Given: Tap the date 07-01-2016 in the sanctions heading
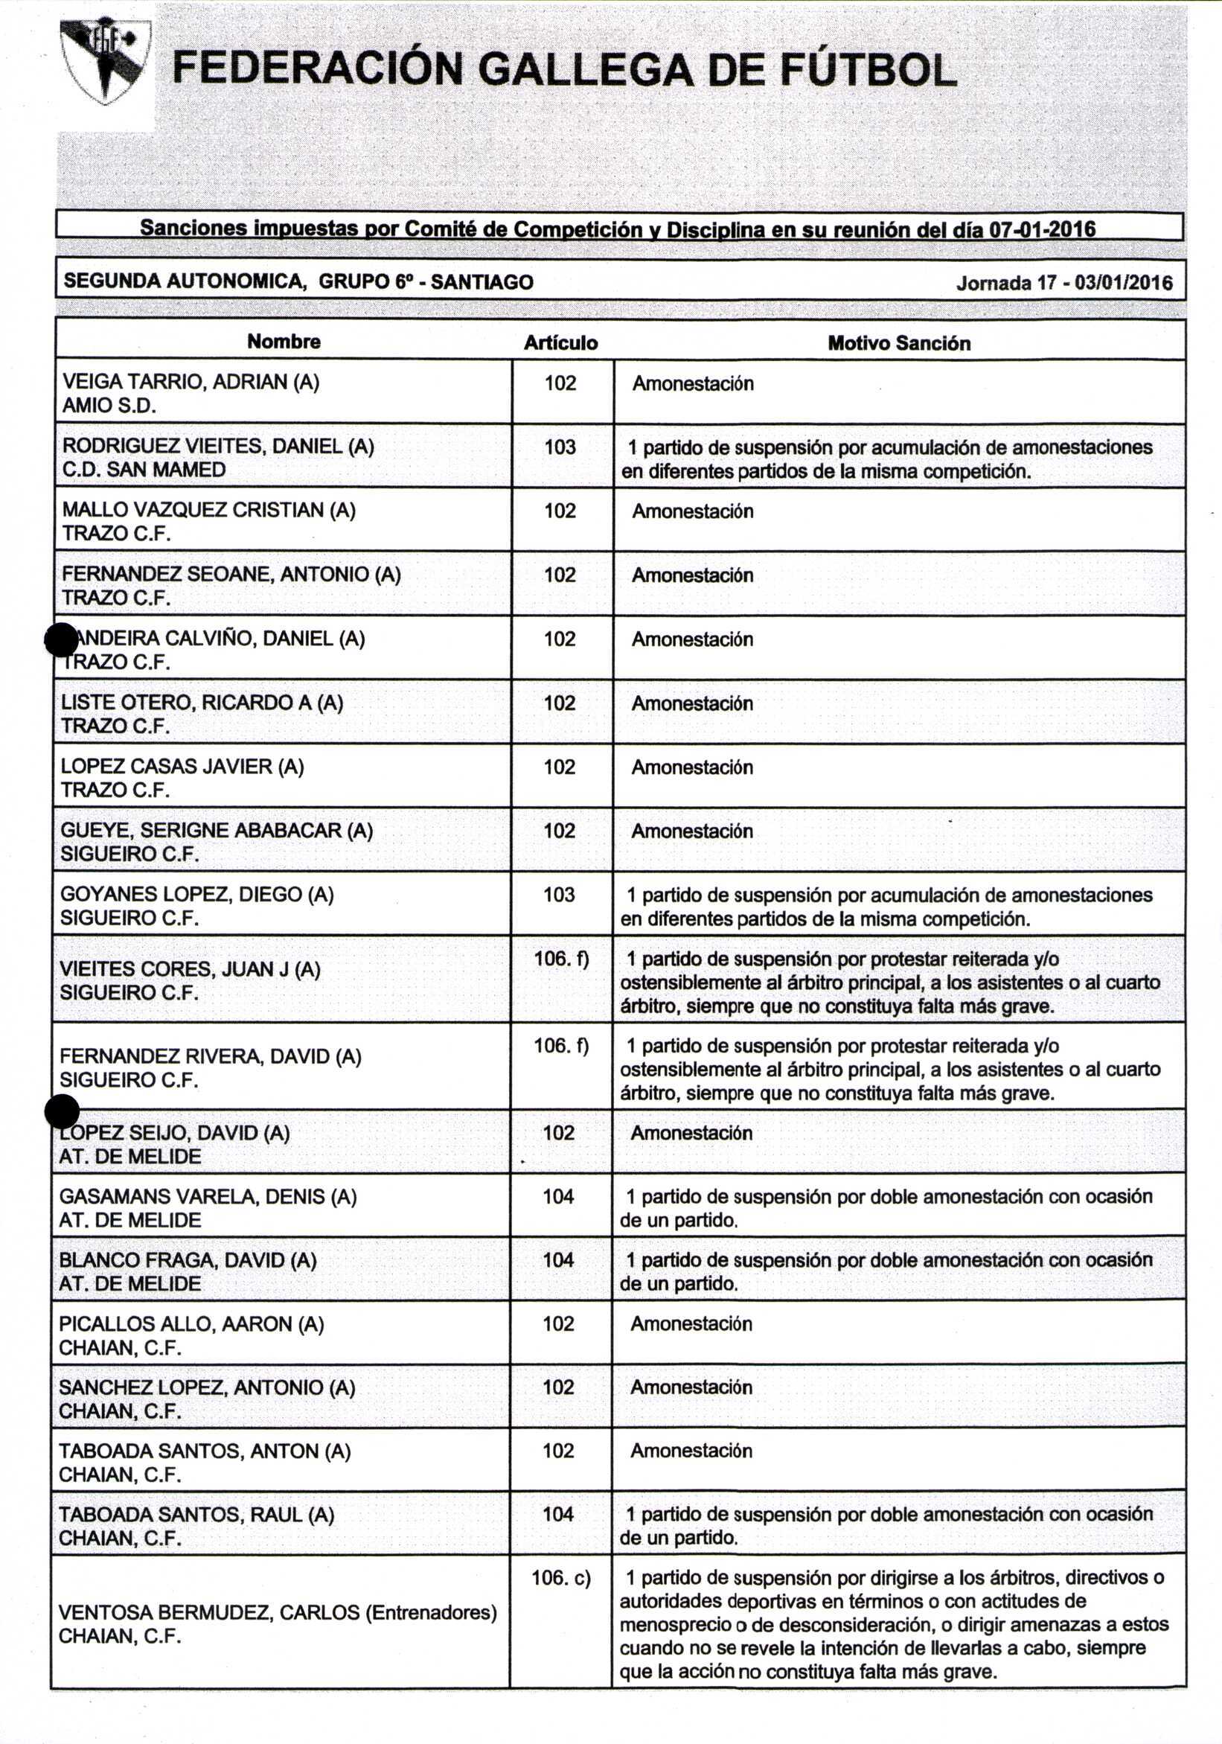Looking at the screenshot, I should (1041, 229).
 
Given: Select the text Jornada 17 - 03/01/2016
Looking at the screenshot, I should (1064, 284).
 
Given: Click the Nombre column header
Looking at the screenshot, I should (284, 342).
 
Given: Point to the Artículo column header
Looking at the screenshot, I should (560, 343).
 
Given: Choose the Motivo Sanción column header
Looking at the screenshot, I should (898, 343).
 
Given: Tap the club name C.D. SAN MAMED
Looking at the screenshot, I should (144, 470).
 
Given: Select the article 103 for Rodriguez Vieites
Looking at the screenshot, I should (560, 447).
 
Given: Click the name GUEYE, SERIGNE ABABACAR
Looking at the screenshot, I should (217, 831).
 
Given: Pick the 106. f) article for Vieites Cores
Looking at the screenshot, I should (561, 959).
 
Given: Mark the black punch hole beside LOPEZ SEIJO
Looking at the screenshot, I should (63, 1112).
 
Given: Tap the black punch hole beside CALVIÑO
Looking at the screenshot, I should (61, 639).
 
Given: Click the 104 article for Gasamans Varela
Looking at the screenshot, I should (558, 1196).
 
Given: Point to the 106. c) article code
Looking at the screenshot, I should (560, 1578).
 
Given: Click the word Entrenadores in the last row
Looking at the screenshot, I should (431, 1612).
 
